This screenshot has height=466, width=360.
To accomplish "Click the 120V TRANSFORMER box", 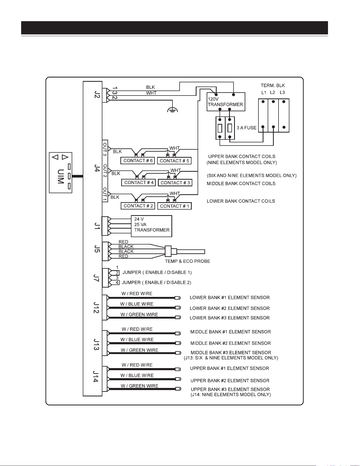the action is pyautogui.click(x=226, y=102).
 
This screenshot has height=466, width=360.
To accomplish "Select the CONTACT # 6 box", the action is pyautogui.click(x=138, y=161).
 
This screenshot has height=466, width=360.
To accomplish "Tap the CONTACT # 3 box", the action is pyautogui.click(x=175, y=183).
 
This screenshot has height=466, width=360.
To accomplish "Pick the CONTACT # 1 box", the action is pyautogui.click(x=174, y=206).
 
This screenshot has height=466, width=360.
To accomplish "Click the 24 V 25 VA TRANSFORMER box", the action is pyautogui.click(x=152, y=226).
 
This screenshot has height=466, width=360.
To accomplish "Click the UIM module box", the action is pyautogui.click(x=61, y=173).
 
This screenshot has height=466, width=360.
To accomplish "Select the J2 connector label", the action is pyautogui.click(x=97, y=94).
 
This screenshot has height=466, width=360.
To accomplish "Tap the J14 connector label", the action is pyautogui.click(x=95, y=376).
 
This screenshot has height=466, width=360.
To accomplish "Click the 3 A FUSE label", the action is pyautogui.click(x=247, y=128).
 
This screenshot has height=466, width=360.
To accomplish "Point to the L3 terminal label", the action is pyautogui.click(x=282, y=93).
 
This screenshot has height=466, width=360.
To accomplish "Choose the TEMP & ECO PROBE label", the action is pyautogui.click(x=188, y=261).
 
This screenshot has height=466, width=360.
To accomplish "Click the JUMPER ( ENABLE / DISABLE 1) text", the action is pyautogui.click(x=157, y=272).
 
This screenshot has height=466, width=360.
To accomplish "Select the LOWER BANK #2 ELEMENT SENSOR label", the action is pyautogui.click(x=230, y=308).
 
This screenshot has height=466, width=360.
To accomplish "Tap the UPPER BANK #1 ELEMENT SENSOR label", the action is pyautogui.click(x=230, y=368).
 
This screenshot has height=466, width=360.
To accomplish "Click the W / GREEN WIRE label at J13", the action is pyautogui.click(x=140, y=350).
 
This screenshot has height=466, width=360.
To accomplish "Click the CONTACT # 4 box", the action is pyautogui.click(x=139, y=183).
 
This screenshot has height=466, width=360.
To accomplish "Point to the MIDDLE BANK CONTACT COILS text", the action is pyautogui.click(x=241, y=183).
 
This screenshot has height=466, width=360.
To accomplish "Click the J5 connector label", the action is pyautogui.click(x=97, y=249).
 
